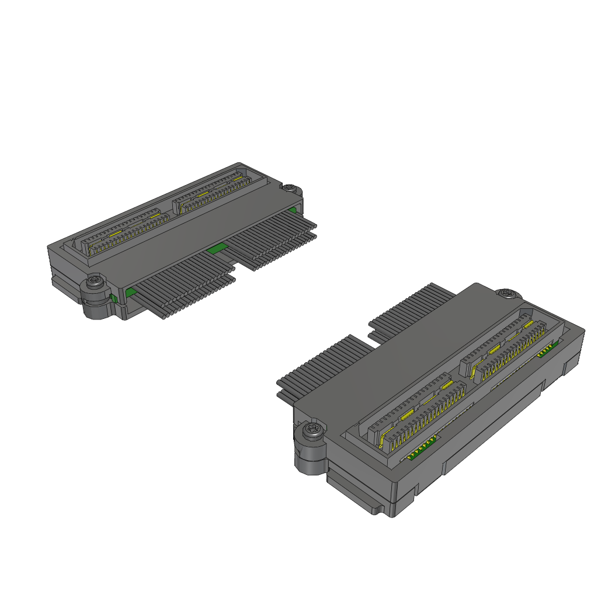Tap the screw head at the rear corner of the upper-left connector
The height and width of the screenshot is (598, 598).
pyautogui.click(x=290, y=187)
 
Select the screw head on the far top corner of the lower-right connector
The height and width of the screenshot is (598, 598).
pyautogui.click(x=506, y=293)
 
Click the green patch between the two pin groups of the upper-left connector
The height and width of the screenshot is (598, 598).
pyautogui.click(x=217, y=248)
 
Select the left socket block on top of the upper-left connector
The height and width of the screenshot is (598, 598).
pyautogui.click(x=124, y=232)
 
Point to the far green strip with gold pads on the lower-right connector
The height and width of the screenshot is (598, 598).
pyautogui.click(x=547, y=349)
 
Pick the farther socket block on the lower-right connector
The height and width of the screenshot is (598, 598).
pyautogui.click(x=508, y=345)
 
